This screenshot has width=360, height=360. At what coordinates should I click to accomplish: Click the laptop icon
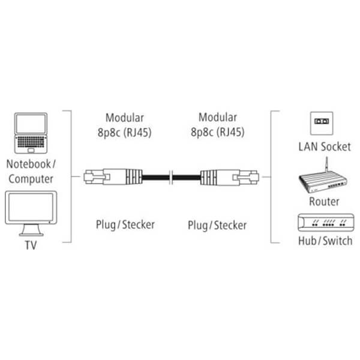(31, 133)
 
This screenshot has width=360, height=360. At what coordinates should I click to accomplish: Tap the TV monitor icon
(31, 213)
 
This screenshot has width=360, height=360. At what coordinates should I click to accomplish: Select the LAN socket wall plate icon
(322, 123)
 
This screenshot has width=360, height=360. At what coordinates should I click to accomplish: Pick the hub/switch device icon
(326, 223)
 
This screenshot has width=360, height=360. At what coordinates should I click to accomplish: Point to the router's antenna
(327, 166)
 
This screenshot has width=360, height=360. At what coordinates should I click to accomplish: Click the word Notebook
(28, 164)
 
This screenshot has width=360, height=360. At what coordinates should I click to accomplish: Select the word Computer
(31, 179)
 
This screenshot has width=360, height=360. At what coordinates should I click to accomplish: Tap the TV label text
(31, 245)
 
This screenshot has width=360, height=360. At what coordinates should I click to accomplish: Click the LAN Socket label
(325, 147)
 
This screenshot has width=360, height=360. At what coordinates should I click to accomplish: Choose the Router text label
(324, 202)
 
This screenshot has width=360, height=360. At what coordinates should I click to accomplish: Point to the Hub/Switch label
(325, 241)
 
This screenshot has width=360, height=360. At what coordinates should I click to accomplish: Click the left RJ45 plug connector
(113, 177)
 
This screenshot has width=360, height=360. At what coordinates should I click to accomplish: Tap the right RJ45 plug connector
(230, 177)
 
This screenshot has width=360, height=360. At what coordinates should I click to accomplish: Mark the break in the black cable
(171, 177)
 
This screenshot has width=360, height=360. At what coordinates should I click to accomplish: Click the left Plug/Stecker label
(125, 224)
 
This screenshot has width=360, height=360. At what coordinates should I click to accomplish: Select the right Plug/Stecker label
(217, 225)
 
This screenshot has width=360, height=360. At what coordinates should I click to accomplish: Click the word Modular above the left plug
(125, 118)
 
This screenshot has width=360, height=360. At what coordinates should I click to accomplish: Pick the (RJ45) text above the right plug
(230, 132)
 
